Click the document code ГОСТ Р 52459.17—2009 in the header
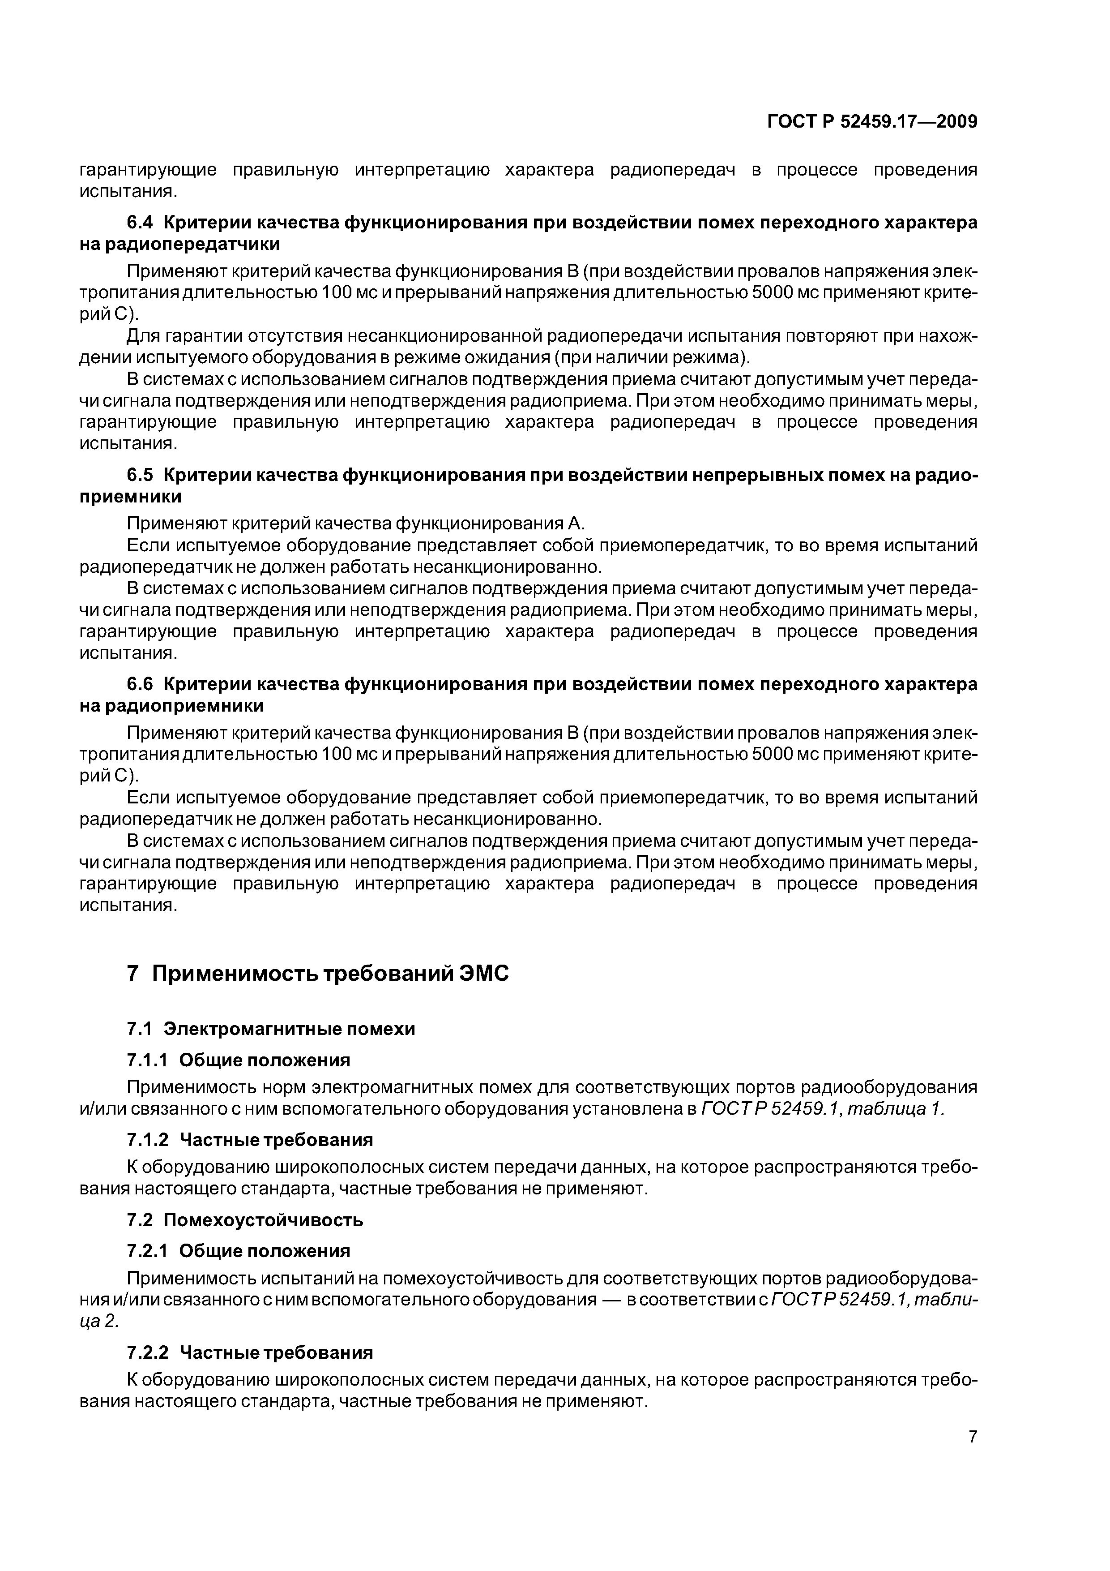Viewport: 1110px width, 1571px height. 872,122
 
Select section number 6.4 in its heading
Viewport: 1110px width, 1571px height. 141,223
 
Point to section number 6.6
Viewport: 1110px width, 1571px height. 141,684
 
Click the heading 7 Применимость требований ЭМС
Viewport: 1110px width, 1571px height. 318,973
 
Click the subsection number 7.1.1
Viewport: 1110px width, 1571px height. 147,1060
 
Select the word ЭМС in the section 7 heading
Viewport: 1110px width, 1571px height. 483,973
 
